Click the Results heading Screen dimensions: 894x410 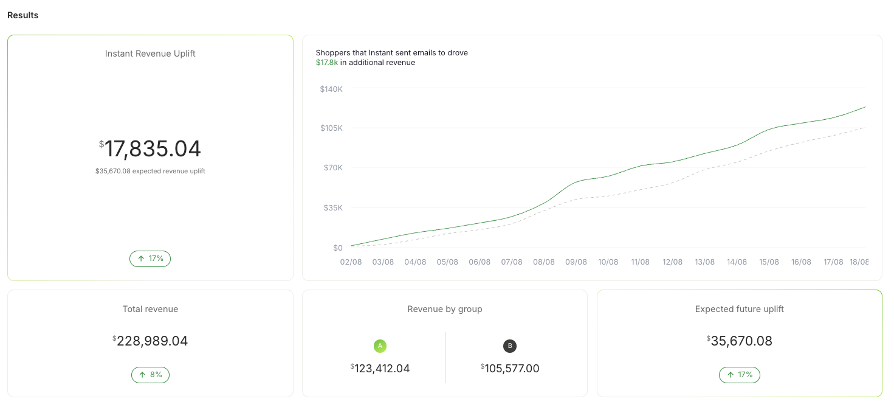(22, 15)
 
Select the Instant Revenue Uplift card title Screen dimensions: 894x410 (150, 54)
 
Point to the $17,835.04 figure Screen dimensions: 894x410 (150, 148)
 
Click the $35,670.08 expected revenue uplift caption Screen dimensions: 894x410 (150, 171)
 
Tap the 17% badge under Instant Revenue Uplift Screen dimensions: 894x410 (150, 259)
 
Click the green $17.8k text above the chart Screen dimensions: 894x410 (327, 62)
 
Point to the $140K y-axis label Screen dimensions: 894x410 (331, 89)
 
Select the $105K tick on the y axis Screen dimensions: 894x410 (331, 128)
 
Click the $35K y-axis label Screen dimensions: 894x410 (333, 208)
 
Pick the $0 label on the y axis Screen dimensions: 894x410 (338, 248)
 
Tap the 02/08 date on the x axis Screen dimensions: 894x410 (351, 262)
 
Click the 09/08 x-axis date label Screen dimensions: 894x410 (576, 262)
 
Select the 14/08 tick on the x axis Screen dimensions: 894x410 (737, 262)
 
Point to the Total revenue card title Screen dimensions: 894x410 (150, 309)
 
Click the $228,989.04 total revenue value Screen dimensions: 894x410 (150, 341)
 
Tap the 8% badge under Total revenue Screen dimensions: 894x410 (150, 375)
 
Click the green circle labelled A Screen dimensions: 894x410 (380, 346)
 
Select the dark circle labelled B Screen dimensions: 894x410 (510, 346)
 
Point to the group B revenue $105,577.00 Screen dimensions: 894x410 (510, 369)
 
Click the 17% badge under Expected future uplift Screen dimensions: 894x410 (739, 375)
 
